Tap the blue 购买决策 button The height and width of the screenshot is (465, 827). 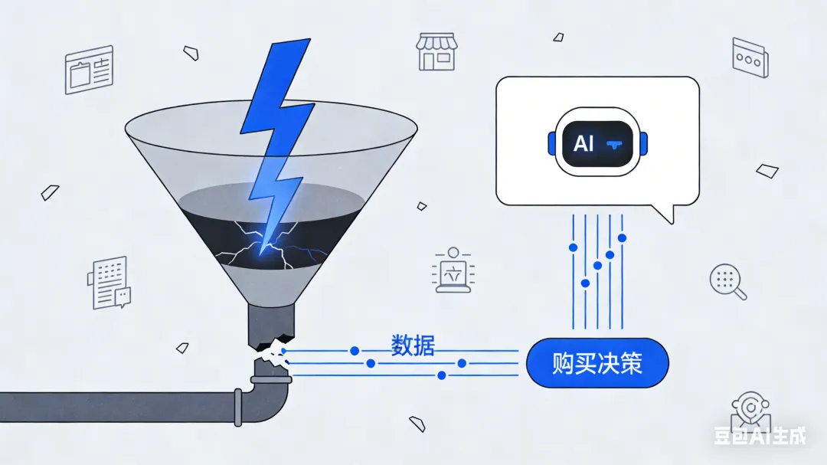click(x=597, y=362)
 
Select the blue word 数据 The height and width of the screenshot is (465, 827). click(x=413, y=345)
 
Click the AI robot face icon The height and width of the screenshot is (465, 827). click(x=598, y=143)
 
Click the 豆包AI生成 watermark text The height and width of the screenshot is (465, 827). click(x=760, y=436)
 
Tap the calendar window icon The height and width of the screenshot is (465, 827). click(x=89, y=70)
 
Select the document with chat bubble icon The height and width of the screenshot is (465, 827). click(x=110, y=283)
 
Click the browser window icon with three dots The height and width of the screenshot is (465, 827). click(x=749, y=57)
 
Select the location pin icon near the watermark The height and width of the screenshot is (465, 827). click(x=747, y=410)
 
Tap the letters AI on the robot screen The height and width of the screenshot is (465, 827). click(x=583, y=143)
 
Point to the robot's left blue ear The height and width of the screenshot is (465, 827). click(x=551, y=143)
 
